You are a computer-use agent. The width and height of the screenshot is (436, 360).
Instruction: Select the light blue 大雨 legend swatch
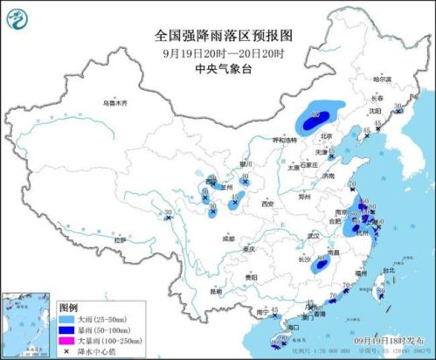tap(65, 321)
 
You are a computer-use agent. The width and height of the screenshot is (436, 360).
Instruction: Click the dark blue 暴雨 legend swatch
tap(65, 331)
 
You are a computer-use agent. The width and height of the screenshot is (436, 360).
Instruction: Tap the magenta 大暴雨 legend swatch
tap(65, 342)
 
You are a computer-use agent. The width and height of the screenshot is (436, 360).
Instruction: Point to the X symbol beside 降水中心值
tap(65, 352)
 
